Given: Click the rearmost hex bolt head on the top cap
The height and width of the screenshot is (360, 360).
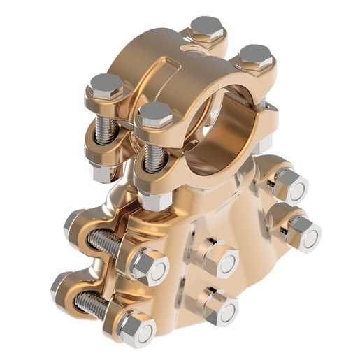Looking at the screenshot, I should [206, 29].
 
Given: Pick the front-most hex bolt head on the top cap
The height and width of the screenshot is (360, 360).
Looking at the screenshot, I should [155, 114].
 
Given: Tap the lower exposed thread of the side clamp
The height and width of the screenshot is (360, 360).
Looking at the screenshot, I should [91, 304].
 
